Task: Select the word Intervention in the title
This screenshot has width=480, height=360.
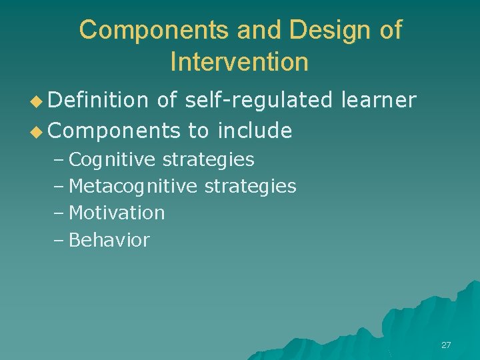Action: (239, 62)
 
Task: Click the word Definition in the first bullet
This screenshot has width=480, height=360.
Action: (98, 100)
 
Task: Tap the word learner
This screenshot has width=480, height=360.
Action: (378, 100)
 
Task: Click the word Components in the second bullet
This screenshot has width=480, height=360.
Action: (114, 131)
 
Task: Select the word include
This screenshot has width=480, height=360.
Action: (255, 131)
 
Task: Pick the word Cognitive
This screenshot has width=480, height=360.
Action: (113, 160)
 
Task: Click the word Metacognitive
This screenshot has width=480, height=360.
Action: (133, 187)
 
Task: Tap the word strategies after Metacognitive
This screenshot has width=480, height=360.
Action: (250, 187)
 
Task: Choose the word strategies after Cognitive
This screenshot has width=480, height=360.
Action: (209, 160)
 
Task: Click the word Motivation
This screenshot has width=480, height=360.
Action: (117, 213)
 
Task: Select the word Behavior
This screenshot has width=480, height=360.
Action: (109, 240)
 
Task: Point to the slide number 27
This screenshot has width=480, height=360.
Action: (446, 345)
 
